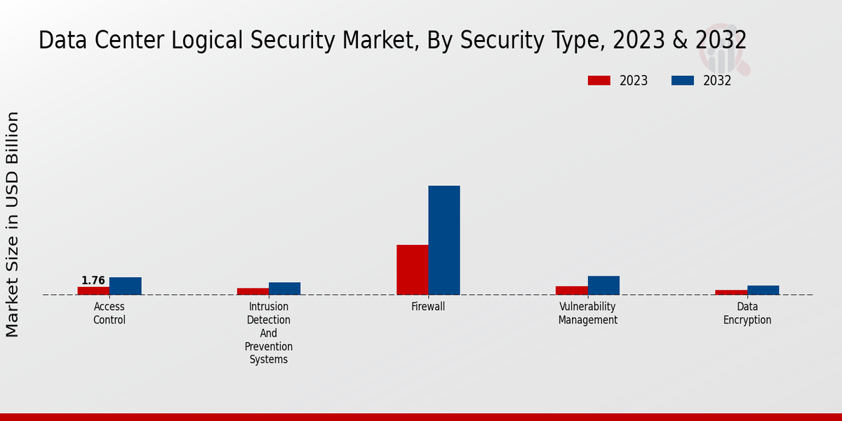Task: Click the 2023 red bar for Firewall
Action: [x=413, y=269]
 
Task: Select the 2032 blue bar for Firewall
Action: [x=444, y=240]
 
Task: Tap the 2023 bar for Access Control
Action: [x=93, y=290]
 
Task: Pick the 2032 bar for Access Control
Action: [x=125, y=286]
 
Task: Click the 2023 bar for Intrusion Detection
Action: [x=253, y=291]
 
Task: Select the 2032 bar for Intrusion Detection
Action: [x=284, y=288]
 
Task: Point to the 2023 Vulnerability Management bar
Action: [x=572, y=290]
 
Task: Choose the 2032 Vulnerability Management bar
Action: [x=603, y=285]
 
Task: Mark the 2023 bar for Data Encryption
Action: [x=731, y=292]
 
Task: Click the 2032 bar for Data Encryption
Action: [x=763, y=290]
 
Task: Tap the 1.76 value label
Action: [x=93, y=281]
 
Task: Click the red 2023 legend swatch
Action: [x=599, y=81]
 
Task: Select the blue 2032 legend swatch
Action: [x=682, y=81]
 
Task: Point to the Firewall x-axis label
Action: [x=428, y=307]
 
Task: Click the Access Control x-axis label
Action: [x=109, y=313]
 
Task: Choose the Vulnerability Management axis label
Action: [x=587, y=313]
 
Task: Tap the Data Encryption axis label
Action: [x=747, y=313]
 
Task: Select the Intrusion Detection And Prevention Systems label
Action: [x=269, y=333]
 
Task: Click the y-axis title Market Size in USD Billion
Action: [x=13, y=225]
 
